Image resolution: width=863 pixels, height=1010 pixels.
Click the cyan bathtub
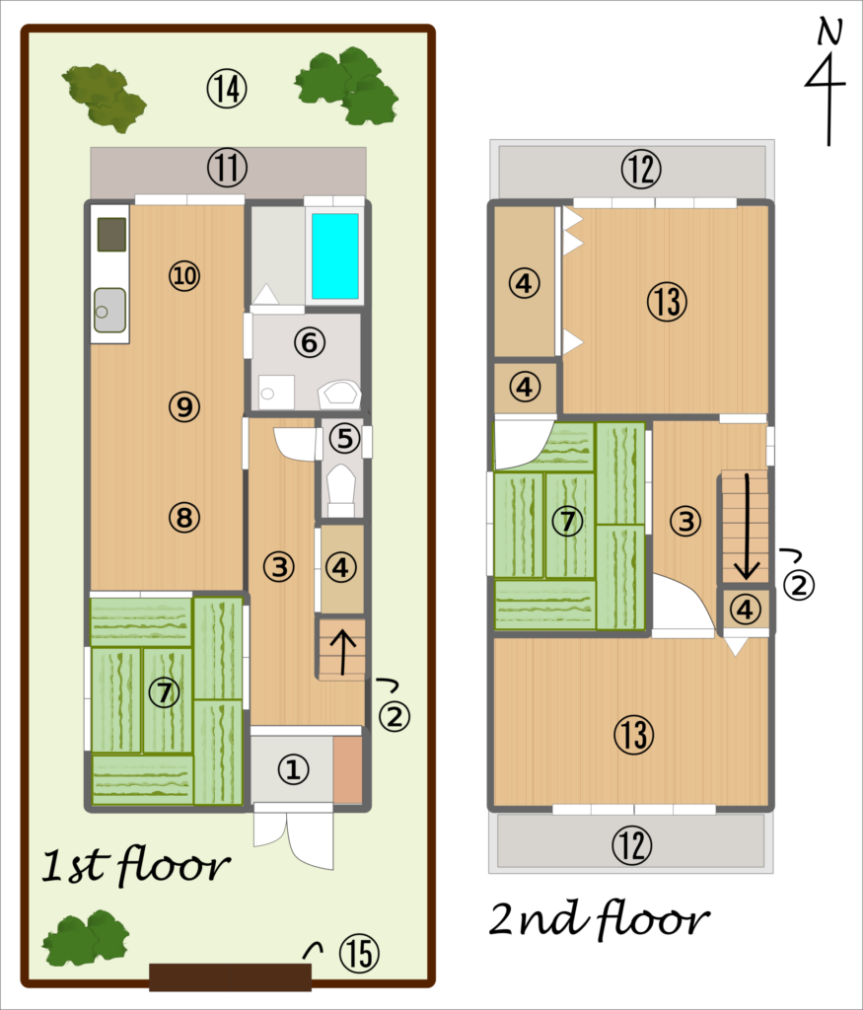point(335,255)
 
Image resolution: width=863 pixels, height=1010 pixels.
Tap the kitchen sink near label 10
point(109,310)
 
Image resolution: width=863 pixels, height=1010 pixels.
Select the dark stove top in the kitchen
point(111,235)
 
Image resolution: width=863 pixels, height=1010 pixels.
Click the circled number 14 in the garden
point(227,89)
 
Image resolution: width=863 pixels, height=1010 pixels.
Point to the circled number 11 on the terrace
point(227,168)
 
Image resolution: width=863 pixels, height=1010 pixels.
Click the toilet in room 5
point(341,489)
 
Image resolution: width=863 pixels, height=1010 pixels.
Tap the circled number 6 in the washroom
point(309,342)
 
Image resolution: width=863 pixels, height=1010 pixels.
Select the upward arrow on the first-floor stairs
point(342,651)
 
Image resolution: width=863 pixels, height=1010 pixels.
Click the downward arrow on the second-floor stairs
point(747,527)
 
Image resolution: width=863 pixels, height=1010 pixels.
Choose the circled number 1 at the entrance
point(293,769)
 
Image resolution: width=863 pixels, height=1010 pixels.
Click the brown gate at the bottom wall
point(231,976)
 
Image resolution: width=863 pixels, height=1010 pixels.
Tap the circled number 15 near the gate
point(359,954)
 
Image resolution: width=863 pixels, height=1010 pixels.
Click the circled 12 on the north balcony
point(641,169)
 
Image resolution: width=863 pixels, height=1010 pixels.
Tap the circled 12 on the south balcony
point(631,844)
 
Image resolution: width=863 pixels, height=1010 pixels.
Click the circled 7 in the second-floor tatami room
point(567,521)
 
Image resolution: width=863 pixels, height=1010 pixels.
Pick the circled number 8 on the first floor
point(184,517)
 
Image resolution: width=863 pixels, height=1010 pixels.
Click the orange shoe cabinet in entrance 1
point(348,769)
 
